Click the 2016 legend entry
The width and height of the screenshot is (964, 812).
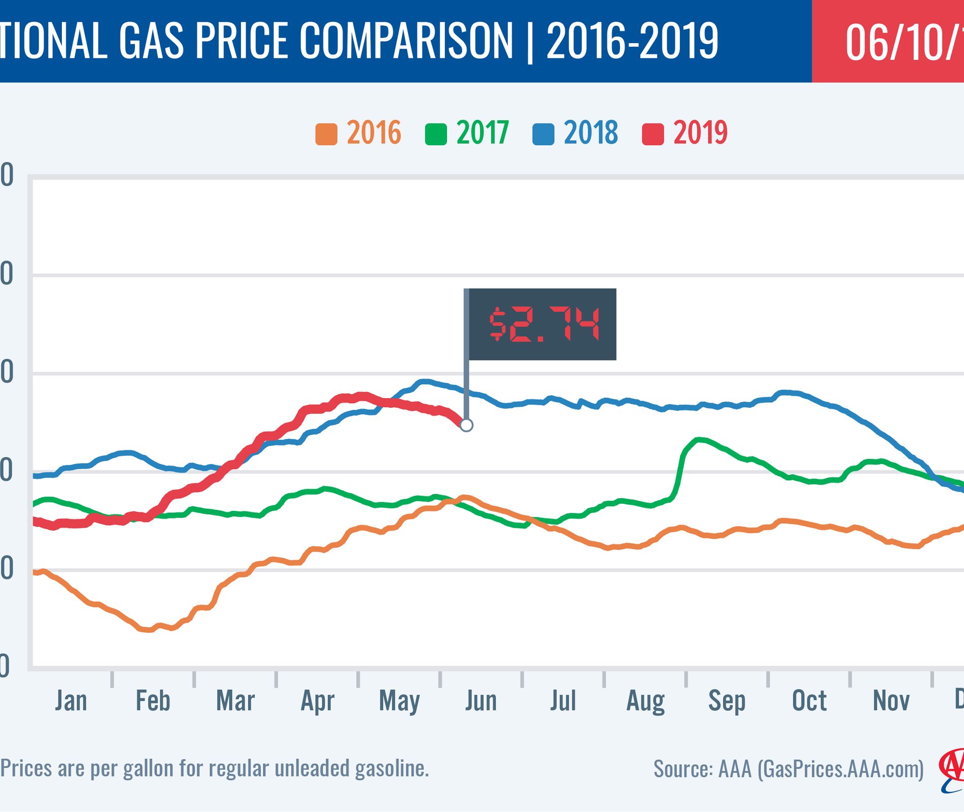(x=359, y=133)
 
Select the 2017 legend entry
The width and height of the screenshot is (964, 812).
(x=467, y=133)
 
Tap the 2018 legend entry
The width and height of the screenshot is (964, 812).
(x=576, y=133)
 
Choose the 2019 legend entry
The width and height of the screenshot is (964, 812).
(x=685, y=133)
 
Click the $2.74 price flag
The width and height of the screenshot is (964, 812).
(x=542, y=324)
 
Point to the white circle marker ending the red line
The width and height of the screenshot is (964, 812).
(x=466, y=425)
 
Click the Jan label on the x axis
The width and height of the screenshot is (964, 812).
(x=71, y=701)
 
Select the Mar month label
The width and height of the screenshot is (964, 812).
(x=235, y=701)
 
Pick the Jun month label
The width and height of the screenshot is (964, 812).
(x=480, y=701)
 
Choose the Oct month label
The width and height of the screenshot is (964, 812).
(x=809, y=701)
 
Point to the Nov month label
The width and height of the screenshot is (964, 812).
(x=891, y=701)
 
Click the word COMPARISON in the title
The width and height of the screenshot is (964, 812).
(x=406, y=41)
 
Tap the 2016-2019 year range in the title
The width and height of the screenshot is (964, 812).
(x=632, y=41)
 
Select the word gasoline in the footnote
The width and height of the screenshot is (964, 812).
(x=392, y=768)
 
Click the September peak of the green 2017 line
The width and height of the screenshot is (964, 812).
(x=699, y=439)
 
